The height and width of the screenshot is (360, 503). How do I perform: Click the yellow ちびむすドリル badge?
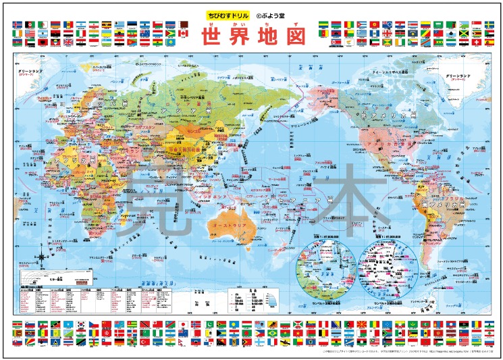227,14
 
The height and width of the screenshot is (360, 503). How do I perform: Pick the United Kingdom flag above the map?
68,42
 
